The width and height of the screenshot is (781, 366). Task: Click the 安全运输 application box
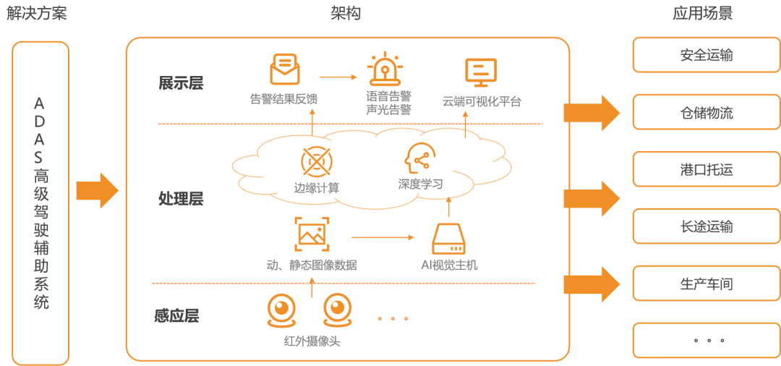click(706, 55)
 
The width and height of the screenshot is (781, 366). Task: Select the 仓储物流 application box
click(706, 112)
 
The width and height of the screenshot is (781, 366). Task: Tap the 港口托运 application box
click(706, 170)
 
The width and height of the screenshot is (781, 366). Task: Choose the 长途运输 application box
click(706, 226)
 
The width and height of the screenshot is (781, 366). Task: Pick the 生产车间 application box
click(706, 284)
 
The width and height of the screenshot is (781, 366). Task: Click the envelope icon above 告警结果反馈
click(284, 69)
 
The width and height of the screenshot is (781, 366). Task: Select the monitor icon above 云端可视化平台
click(481, 73)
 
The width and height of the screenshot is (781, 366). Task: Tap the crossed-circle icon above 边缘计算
click(316, 161)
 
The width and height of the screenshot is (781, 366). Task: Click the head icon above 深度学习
click(419, 158)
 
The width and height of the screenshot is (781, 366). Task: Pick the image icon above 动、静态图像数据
click(312, 234)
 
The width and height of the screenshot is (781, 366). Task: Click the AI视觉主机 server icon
click(449, 238)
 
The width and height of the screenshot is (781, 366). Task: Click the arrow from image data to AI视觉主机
click(383, 237)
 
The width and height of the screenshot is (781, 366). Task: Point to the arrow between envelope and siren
click(338, 76)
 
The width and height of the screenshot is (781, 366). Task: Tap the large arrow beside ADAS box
click(97, 191)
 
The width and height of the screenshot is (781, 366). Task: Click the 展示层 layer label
click(181, 83)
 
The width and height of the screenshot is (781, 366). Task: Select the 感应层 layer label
click(177, 315)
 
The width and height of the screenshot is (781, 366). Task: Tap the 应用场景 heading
click(701, 14)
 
